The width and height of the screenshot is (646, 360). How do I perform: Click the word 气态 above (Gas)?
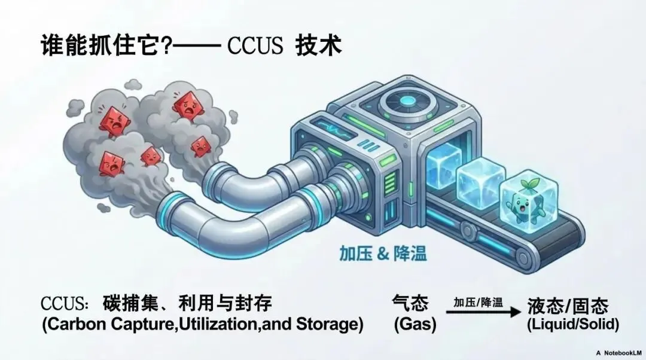pyautogui.click(x=410, y=304)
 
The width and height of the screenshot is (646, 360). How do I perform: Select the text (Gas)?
pyautogui.click(x=415, y=325)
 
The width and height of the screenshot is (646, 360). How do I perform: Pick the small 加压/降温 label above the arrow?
pyautogui.click(x=478, y=301)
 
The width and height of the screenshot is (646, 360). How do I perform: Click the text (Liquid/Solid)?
pyautogui.click(x=572, y=325)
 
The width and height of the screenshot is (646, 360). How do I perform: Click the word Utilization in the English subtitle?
pyautogui.click(x=206, y=325)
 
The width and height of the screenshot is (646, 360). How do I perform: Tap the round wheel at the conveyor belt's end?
pyautogui.click(x=526, y=258)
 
